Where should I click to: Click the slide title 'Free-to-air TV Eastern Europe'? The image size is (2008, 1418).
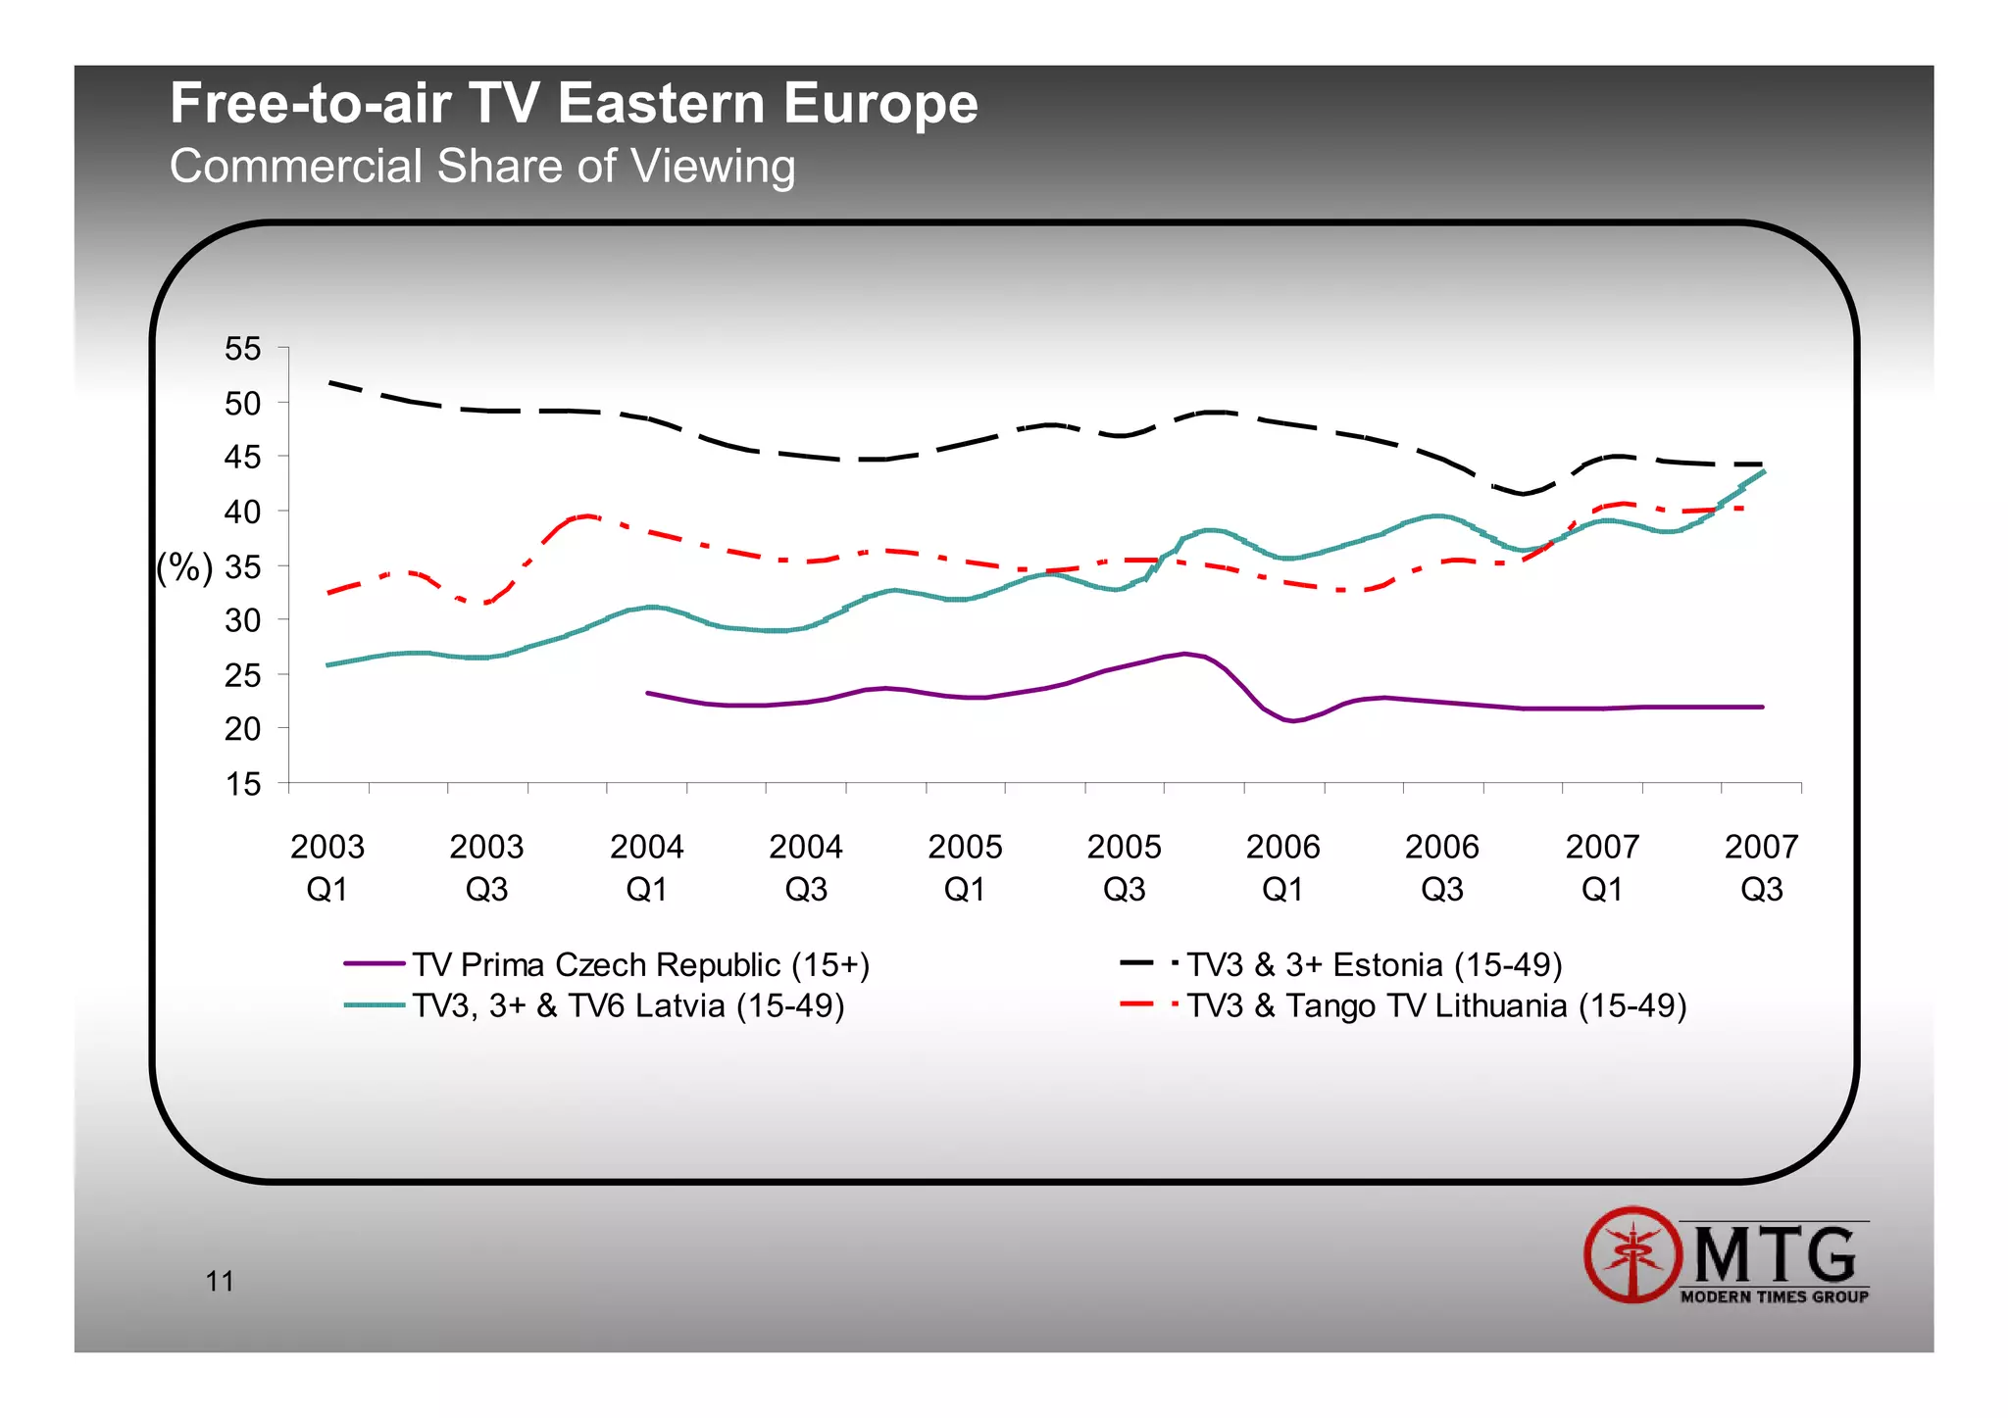[x=574, y=103]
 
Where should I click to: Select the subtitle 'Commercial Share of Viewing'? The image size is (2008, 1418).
[x=481, y=166]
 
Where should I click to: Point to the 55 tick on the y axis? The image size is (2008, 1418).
[x=243, y=349]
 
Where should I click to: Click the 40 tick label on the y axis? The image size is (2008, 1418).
[x=243, y=512]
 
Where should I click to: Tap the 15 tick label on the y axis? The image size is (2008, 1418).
[x=243, y=784]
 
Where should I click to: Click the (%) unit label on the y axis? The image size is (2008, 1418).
[x=184, y=567]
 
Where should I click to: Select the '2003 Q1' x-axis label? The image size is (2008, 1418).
[x=326, y=867]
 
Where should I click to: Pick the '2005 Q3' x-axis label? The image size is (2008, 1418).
[x=1124, y=867]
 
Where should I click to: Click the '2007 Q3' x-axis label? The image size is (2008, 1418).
[x=1761, y=867]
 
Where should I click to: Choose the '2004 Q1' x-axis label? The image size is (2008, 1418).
[x=646, y=867]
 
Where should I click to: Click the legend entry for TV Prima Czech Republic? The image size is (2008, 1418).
[x=639, y=964]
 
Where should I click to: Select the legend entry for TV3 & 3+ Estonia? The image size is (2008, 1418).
[x=1373, y=964]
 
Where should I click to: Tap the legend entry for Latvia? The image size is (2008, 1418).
[x=627, y=1005]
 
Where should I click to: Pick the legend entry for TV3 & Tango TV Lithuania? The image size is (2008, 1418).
[x=1435, y=1005]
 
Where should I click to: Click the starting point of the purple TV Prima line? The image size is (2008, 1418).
[x=648, y=693]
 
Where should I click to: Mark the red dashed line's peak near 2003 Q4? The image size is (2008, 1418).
[x=586, y=515]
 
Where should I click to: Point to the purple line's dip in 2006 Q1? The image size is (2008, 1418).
[x=1293, y=721]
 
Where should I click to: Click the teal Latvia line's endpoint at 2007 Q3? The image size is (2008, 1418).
[x=1763, y=472]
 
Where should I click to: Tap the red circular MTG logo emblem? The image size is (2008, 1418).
[x=1632, y=1254]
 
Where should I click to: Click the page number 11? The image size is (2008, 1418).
[x=220, y=1281]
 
